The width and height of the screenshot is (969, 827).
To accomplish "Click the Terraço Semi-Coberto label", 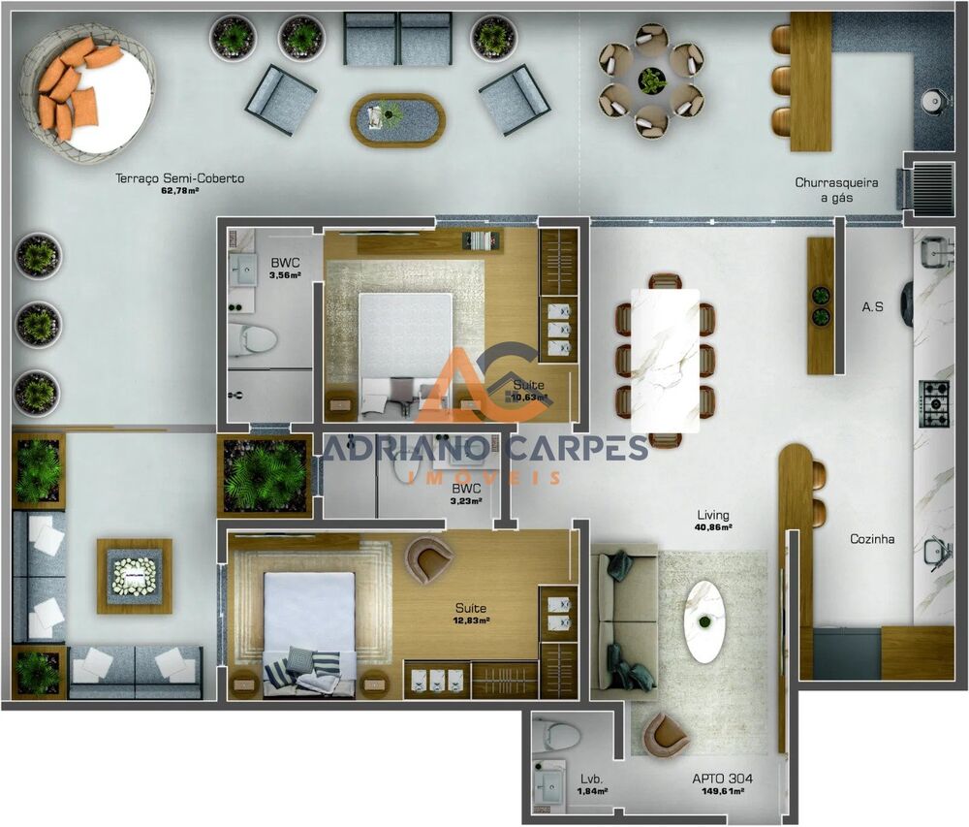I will [180, 178].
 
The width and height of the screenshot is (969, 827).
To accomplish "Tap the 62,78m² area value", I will [180, 191].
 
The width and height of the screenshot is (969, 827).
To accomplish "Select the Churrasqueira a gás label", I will [837, 189].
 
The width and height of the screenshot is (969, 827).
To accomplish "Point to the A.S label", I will [872, 307].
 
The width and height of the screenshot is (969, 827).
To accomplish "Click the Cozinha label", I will [872, 539].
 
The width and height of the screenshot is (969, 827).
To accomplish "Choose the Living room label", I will [713, 515].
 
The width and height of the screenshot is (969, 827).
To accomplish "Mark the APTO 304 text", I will [722, 779].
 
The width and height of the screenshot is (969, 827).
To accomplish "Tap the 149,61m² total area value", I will [722, 792].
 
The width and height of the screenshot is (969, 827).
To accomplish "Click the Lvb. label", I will [592, 779].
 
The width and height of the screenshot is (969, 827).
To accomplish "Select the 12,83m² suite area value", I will [471, 620].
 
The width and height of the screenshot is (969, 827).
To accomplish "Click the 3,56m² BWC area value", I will [285, 275].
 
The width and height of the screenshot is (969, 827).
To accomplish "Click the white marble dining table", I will [665, 360].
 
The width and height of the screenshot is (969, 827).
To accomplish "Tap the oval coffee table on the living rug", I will [704, 620].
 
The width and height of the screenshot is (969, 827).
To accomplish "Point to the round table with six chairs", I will [651, 80].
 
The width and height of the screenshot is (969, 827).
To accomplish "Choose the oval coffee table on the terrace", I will [397, 119].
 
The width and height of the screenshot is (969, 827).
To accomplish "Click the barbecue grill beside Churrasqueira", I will [932, 181].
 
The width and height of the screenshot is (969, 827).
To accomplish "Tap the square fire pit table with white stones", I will [134, 576].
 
